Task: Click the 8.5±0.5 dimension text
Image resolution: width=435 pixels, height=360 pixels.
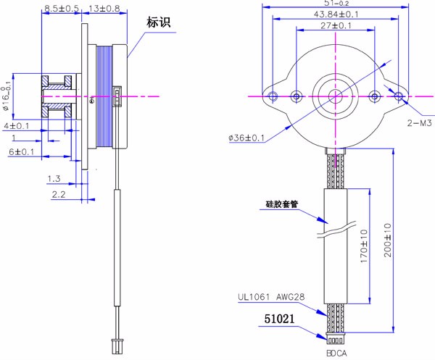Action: [x=62, y=9]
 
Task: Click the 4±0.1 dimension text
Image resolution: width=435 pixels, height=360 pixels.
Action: [x=17, y=126]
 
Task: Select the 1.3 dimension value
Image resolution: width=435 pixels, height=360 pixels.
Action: [x=54, y=178]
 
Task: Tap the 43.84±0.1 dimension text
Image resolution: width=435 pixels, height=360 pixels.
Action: [x=335, y=14]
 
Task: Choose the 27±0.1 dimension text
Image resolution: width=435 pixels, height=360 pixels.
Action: [x=335, y=26]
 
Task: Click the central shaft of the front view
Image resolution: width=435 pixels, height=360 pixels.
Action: [x=335, y=96]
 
